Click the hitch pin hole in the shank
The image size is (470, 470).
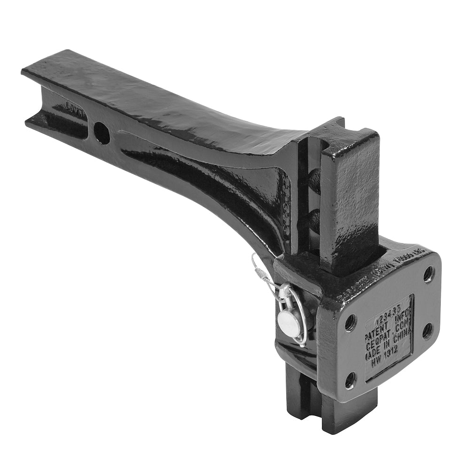click(x=102, y=133)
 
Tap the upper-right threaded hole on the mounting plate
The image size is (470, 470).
click(x=429, y=274)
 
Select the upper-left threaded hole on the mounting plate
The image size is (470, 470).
click(x=350, y=322)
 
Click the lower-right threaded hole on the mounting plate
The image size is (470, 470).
click(x=428, y=330)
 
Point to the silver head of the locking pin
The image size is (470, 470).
click(x=287, y=323)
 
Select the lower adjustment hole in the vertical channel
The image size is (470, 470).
click(x=314, y=217)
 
